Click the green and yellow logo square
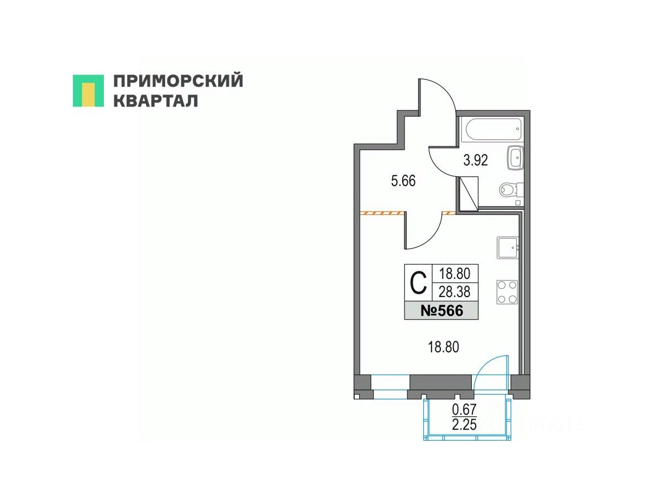point(88,91)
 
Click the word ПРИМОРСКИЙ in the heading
point(178,81)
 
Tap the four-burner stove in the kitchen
point(507,292)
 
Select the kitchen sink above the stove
point(507,248)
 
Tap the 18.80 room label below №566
point(444,347)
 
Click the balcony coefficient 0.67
point(464,410)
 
